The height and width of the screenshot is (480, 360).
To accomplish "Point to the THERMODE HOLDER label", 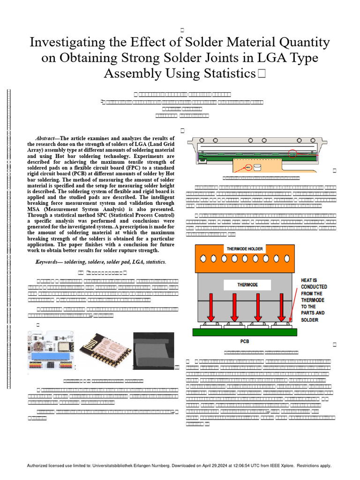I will pyautogui.click(x=245, y=248).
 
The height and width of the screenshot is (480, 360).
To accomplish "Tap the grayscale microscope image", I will pyautogui.click(x=153, y=350).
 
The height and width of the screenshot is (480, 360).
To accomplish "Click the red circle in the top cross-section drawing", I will pyautogui.click(x=292, y=153).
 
